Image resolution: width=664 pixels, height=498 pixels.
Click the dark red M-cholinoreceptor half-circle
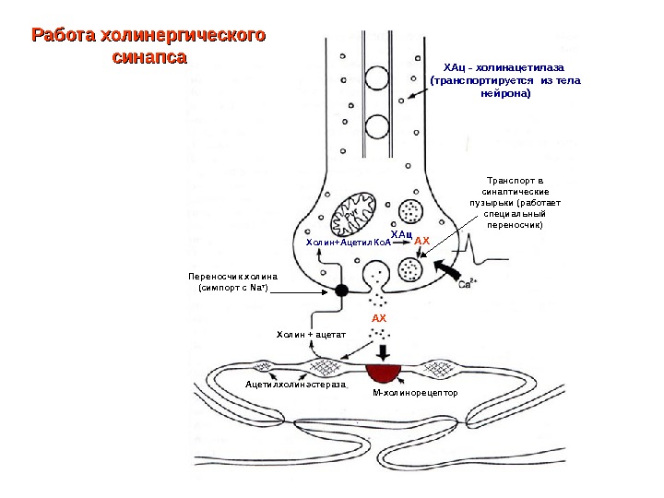(x=384, y=372)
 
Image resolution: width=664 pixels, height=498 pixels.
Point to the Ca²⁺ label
(x=467, y=282)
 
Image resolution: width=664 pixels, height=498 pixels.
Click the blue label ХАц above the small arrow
(x=399, y=235)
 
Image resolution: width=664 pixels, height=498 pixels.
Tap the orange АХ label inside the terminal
(x=422, y=242)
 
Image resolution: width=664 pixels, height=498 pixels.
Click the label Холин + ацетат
(x=311, y=334)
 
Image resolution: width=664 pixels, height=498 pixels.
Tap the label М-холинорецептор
(x=415, y=394)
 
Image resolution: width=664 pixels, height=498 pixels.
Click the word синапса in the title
(x=148, y=57)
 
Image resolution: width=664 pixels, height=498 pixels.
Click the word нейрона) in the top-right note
(x=506, y=93)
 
